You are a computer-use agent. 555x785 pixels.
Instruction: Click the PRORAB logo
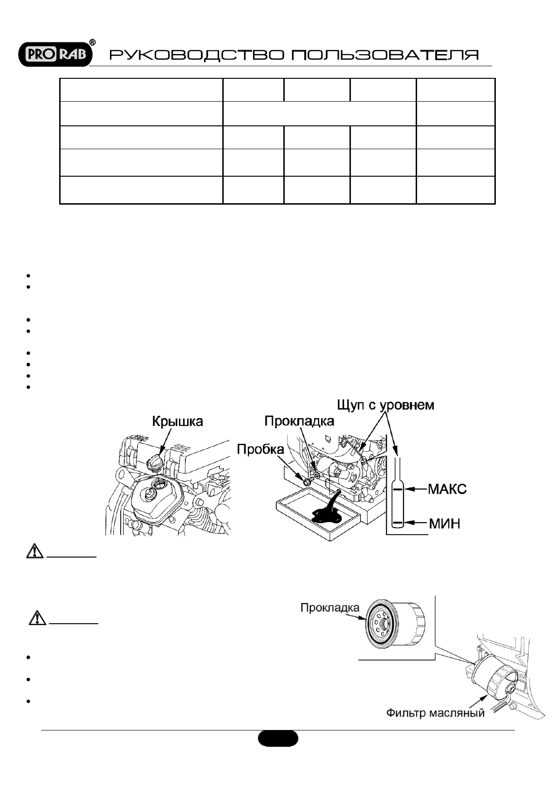coord(55,55)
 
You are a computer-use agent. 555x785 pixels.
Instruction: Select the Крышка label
coord(178,422)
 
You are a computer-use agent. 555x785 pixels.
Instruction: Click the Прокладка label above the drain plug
coord(299,421)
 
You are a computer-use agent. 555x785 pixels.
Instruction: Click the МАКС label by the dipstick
coord(447,489)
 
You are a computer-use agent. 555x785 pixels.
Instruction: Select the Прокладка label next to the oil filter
coord(330,608)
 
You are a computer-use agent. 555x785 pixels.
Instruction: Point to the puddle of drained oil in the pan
coord(326,513)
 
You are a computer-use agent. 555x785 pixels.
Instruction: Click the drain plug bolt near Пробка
coord(308,477)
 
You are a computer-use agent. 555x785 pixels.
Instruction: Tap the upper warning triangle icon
coord(34,552)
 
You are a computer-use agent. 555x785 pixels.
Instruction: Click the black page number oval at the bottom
coord(278,738)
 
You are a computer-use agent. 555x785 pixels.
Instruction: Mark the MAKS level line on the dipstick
coord(397,489)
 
